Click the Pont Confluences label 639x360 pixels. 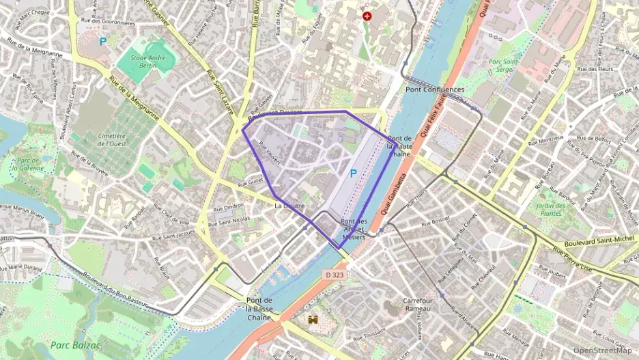(x=434, y=89)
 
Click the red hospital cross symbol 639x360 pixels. (x=367, y=15)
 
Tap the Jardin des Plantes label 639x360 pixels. (x=554, y=210)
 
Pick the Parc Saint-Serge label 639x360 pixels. (x=505, y=66)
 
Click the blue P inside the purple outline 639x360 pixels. (x=353, y=174)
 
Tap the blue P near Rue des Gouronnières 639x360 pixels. (x=103, y=41)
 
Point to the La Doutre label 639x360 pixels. (x=289, y=205)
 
